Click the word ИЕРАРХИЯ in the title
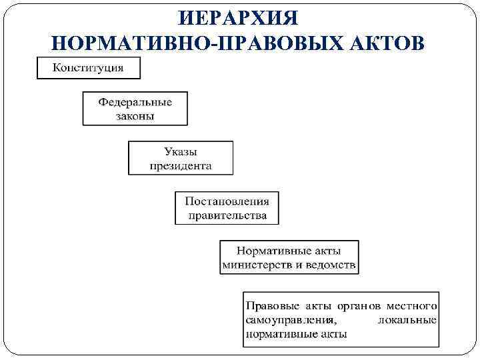coord(240,16)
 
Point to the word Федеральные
coord(135,102)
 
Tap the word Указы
coord(181,153)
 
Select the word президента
coord(181,165)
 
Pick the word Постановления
coord(227,202)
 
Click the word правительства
coord(227,215)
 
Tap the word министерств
coord(256,265)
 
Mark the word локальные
coord(407,321)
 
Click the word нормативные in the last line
coord(278,334)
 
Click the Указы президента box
coord(181,158)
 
